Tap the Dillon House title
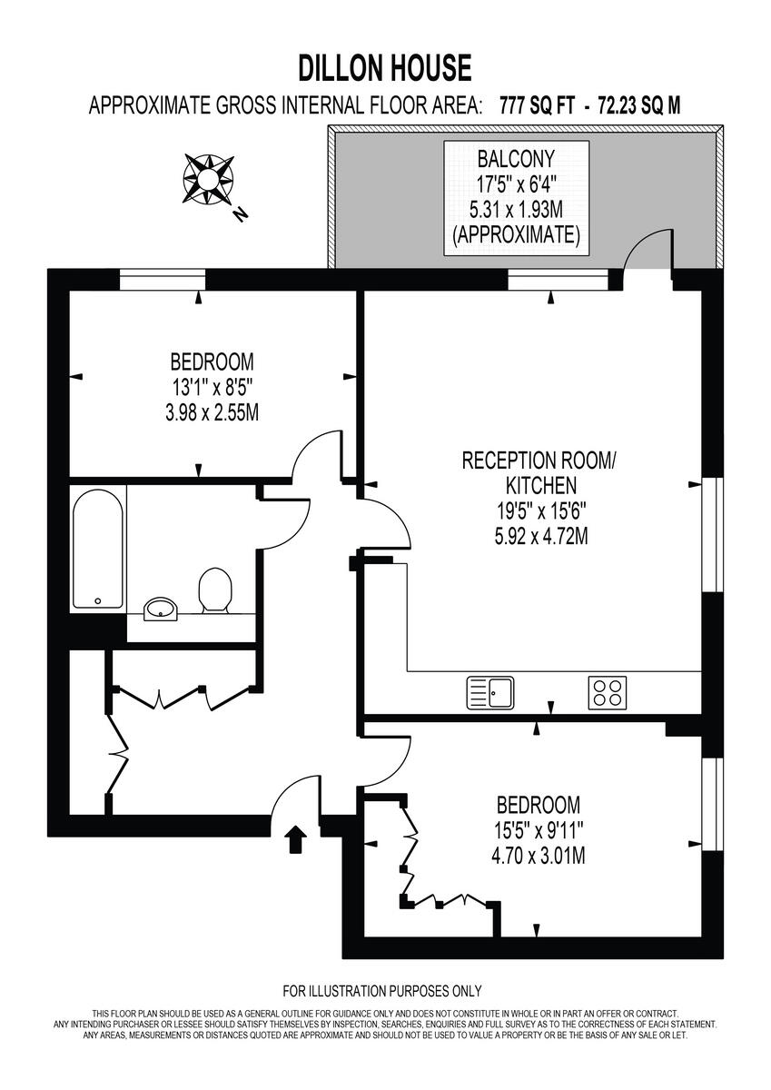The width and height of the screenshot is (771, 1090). pos(385,68)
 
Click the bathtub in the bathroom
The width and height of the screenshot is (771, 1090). pos(98,549)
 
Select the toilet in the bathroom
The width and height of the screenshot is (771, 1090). pos(214,591)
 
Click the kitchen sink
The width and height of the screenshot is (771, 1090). pos(490,693)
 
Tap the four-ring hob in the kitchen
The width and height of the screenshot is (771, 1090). pos(608,693)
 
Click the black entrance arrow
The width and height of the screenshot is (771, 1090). pos(295,840)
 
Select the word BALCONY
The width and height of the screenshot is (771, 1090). pos(516,159)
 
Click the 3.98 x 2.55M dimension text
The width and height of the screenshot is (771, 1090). pos(206,413)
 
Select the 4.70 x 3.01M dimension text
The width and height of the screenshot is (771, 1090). pos(538,855)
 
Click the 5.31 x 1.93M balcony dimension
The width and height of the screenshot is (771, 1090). pos(516,210)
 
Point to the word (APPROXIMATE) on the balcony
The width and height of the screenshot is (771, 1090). pos(516,235)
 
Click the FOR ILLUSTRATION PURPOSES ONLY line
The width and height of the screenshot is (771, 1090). pos(382,991)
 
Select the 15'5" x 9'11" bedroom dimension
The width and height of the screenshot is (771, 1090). pos(538,829)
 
